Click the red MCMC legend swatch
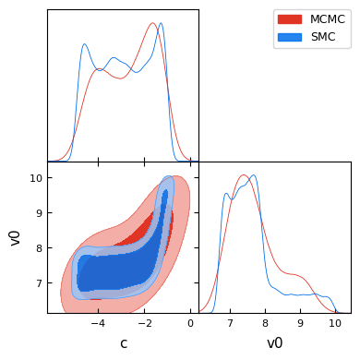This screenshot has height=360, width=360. (290, 19)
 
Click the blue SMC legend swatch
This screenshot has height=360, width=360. (290, 37)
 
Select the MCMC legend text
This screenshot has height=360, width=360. (328, 19)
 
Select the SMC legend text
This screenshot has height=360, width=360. (323, 37)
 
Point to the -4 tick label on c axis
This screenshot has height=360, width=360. (98, 323)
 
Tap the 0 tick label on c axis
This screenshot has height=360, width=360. (190, 323)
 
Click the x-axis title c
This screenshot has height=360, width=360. (124, 343)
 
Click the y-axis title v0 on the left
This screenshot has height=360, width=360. (15, 237)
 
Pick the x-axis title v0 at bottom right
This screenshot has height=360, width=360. (274, 343)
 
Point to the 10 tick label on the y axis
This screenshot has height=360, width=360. (36, 178)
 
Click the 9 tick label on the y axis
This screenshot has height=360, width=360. (40, 213)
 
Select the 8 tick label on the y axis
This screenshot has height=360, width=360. (40, 248)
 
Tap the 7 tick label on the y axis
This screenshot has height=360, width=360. (40, 283)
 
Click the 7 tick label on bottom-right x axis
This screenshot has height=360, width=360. (230, 323)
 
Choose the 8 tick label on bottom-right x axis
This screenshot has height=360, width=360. (265, 323)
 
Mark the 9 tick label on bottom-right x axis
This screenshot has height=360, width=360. (300, 323)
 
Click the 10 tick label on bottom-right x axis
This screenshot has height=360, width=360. (335, 323)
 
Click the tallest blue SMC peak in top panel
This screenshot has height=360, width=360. (161, 23)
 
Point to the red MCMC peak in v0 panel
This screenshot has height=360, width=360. (243, 175)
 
